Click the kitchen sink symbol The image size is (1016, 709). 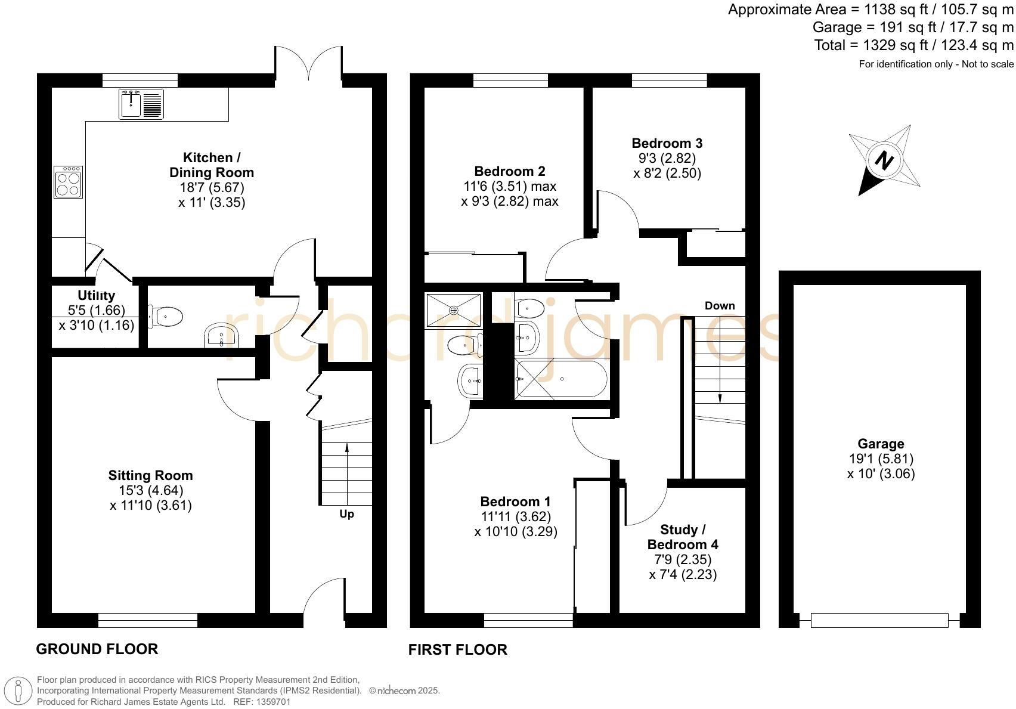[141, 104]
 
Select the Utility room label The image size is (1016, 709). [96, 296]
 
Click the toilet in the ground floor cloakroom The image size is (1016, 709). [165, 317]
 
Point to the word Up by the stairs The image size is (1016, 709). [346, 514]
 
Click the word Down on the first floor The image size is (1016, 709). [720, 306]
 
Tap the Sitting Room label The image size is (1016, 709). [150, 475]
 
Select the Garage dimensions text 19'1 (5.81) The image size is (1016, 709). [881, 459]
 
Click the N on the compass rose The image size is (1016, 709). [884, 161]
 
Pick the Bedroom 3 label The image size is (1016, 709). [667, 143]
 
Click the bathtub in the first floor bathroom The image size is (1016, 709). [561, 379]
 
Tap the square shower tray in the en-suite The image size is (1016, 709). [454, 309]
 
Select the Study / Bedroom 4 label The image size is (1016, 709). [683, 537]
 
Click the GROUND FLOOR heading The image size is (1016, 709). [97, 649]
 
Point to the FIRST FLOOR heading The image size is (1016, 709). [457, 649]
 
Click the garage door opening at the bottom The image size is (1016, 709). [879, 621]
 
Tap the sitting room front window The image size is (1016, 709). [147, 621]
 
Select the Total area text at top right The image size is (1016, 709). [913, 45]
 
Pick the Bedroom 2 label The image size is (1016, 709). [509, 172]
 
